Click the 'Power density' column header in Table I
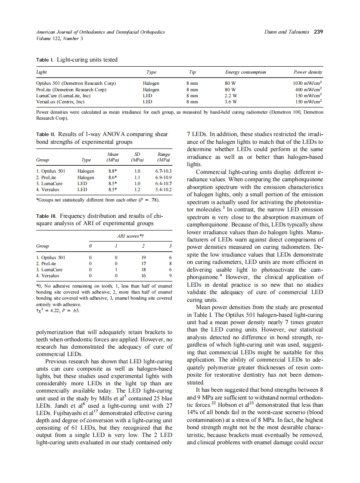(x=308, y=72)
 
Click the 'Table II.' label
(x=46, y=134)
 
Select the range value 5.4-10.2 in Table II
(x=164, y=189)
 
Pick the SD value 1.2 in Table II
(x=138, y=189)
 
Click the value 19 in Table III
(x=144, y=257)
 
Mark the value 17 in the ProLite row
(x=144, y=263)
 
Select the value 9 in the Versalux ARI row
(x=171, y=276)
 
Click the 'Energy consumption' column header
(x=245, y=72)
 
